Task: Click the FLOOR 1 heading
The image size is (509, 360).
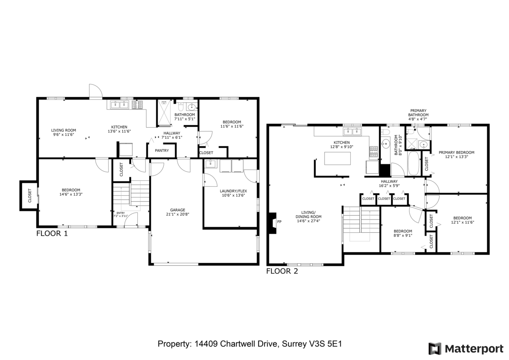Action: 52,233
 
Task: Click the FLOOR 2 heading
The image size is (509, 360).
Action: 282,271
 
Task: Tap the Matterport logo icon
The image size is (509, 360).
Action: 435,349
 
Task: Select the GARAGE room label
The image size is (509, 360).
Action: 177,210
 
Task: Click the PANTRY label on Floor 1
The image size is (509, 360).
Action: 162,150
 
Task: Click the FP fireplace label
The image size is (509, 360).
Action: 279,222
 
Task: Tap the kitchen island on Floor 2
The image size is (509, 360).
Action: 338,158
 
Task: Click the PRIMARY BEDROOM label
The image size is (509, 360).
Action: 456,152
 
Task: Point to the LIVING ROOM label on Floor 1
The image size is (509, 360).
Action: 63,130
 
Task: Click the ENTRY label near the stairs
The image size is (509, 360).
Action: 121,213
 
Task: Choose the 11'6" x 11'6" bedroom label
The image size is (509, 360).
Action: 232,126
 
